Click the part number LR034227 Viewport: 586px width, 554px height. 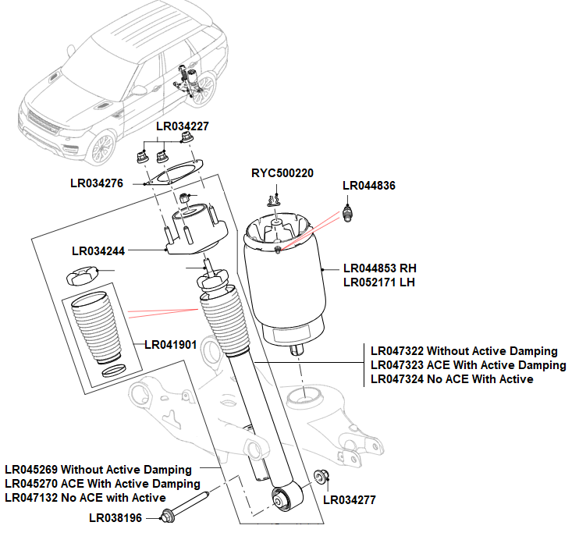coord(183,126)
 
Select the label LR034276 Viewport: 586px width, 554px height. coord(97,184)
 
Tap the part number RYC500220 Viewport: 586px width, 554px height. coord(282,173)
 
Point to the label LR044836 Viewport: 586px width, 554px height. coord(369,186)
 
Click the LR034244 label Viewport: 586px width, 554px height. coord(98,251)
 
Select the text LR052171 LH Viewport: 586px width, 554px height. coord(379,282)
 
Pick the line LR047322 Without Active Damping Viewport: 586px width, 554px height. coord(464,351)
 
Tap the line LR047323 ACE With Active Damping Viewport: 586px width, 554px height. coord(468,365)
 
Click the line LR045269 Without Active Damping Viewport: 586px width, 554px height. coord(98,470)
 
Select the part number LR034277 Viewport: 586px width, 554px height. coord(350,500)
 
